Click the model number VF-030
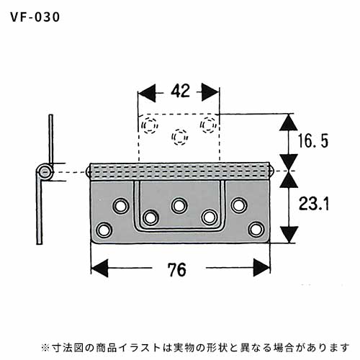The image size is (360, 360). tap(35, 17)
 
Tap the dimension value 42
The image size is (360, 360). tap(181, 91)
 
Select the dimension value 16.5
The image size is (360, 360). tap(312, 140)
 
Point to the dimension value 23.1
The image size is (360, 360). tap(314, 204)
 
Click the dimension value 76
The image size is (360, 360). tap(177, 270)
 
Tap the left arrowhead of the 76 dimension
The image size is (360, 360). tap(99, 268)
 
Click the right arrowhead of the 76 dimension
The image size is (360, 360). tap(261, 268)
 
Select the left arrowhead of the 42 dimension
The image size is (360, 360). tap(147, 93)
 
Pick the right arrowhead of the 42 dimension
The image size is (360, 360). tap(210, 93)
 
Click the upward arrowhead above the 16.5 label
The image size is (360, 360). tap(289, 122)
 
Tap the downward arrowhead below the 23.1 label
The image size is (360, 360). tap(289, 234)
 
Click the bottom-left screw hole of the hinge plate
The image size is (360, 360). tap(104, 230)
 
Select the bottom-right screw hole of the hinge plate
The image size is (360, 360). tap(256, 230)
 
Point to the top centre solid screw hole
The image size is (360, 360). tap(179, 206)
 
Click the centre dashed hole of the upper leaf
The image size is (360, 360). tap(180, 137)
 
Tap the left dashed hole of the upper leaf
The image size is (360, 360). tap(150, 125)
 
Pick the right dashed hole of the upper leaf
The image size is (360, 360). tap(208, 125)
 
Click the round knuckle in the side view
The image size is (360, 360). tap(45, 172)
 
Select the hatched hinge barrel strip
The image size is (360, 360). tap(179, 171)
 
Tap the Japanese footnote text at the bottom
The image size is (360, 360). tap(196, 347)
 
